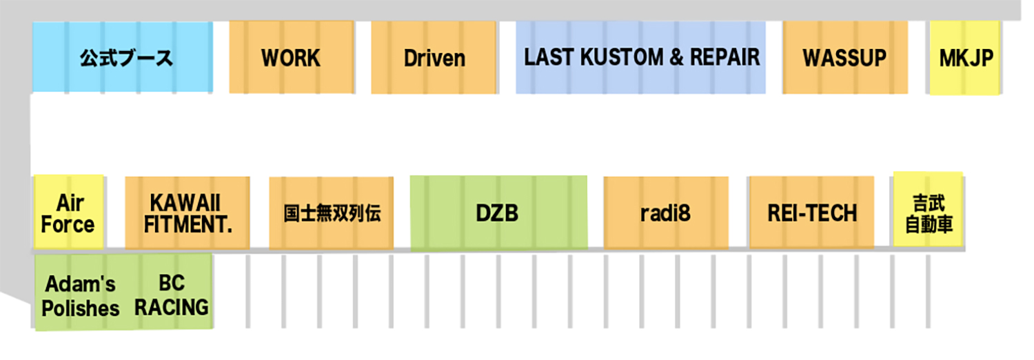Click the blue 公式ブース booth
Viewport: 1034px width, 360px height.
123,57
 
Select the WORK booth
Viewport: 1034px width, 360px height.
291,58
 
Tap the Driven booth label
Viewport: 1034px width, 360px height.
434,58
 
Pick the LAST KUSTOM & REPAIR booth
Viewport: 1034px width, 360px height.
640,57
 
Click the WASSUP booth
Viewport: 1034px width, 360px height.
844,58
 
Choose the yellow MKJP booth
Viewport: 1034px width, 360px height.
966,58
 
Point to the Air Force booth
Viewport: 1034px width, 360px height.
68,214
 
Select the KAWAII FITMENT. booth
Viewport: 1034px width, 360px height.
187,214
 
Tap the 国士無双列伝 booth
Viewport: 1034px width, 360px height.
332,214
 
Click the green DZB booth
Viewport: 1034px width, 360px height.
498,214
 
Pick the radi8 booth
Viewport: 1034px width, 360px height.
665,214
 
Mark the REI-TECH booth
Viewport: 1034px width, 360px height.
811,214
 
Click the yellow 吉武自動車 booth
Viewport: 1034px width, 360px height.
928,212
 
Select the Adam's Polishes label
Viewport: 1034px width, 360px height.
81,296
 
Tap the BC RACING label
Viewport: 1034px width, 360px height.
172,295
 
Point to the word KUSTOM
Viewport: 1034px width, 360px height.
616,57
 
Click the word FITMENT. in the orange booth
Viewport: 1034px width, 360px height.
187,225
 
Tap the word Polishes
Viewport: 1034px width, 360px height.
81,308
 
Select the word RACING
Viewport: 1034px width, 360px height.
172,307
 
